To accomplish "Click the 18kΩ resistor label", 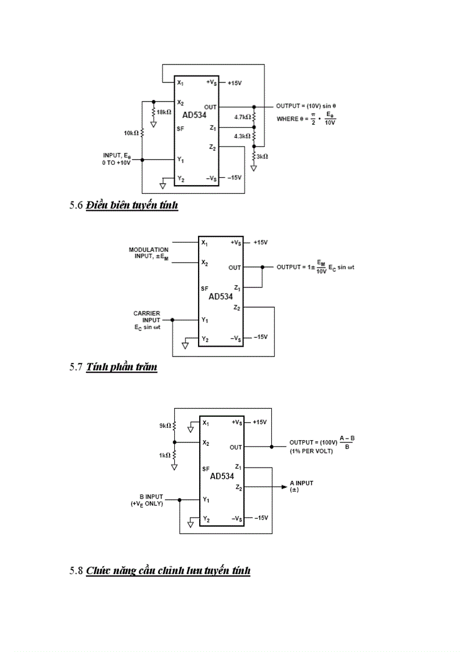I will pos(163,113).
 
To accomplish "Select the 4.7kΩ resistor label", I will pos(242,117).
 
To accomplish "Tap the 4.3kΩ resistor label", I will pos(242,136).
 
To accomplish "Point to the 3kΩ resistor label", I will pos(263,157).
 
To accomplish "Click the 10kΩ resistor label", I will pos(131,133).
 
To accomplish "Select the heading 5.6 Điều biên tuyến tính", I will pos(124,206).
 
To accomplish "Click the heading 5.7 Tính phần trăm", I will pos(113,367).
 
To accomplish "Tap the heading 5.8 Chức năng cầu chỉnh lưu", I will pos(160,571).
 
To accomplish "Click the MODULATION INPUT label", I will pos(149,253).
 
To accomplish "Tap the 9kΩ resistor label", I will pos(164,426).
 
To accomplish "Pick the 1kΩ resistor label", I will pos(164,456).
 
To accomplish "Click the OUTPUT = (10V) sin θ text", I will pos(306,107).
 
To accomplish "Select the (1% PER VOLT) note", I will pos(311,451).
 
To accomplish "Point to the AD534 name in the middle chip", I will pos(221,296).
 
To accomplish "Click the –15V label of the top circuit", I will pos(234,177).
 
